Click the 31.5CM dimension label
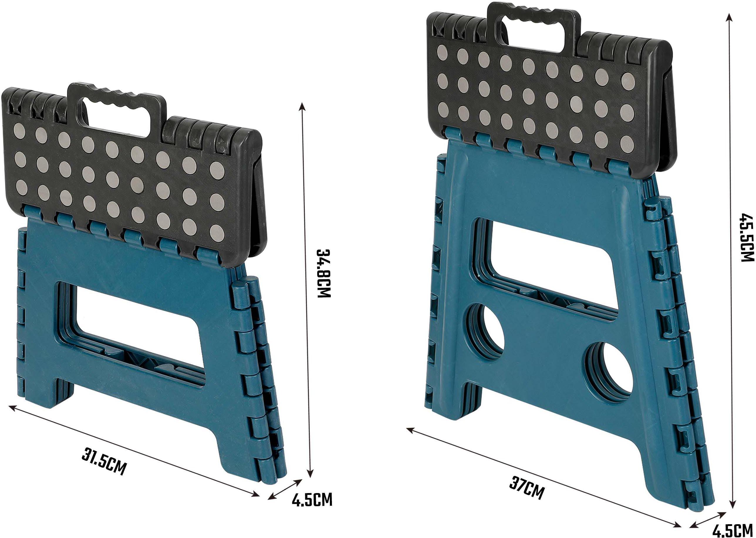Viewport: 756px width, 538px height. [104, 461]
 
